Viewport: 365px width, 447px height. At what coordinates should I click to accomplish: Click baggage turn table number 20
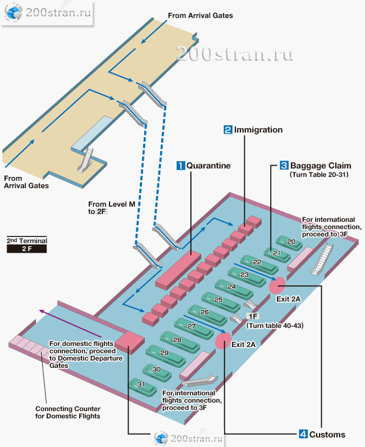tap(290, 243)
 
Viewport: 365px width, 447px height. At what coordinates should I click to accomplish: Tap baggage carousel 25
tap(219, 300)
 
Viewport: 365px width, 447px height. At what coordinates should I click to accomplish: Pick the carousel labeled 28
tap(177, 340)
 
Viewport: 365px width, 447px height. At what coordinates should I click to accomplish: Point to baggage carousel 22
tap(257, 262)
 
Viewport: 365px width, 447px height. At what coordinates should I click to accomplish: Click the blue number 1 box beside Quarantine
tap(181, 166)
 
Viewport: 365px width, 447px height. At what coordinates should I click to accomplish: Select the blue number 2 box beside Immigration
tap(228, 130)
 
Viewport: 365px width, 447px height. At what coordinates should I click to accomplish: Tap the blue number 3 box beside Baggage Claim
tap(284, 166)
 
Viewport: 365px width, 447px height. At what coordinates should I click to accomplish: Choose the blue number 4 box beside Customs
tap(303, 434)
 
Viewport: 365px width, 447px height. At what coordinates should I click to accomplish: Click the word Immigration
tap(258, 130)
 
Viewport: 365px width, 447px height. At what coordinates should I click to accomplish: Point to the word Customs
tap(327, 434)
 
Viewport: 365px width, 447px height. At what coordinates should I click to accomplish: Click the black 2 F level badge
tap(26, 248)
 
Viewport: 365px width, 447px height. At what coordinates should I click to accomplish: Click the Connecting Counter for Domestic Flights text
tap(67, 413)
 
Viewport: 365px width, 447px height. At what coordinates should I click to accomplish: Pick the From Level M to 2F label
tap(111, 208)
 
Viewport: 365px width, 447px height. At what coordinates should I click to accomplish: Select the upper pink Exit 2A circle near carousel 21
tap(276, 286)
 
